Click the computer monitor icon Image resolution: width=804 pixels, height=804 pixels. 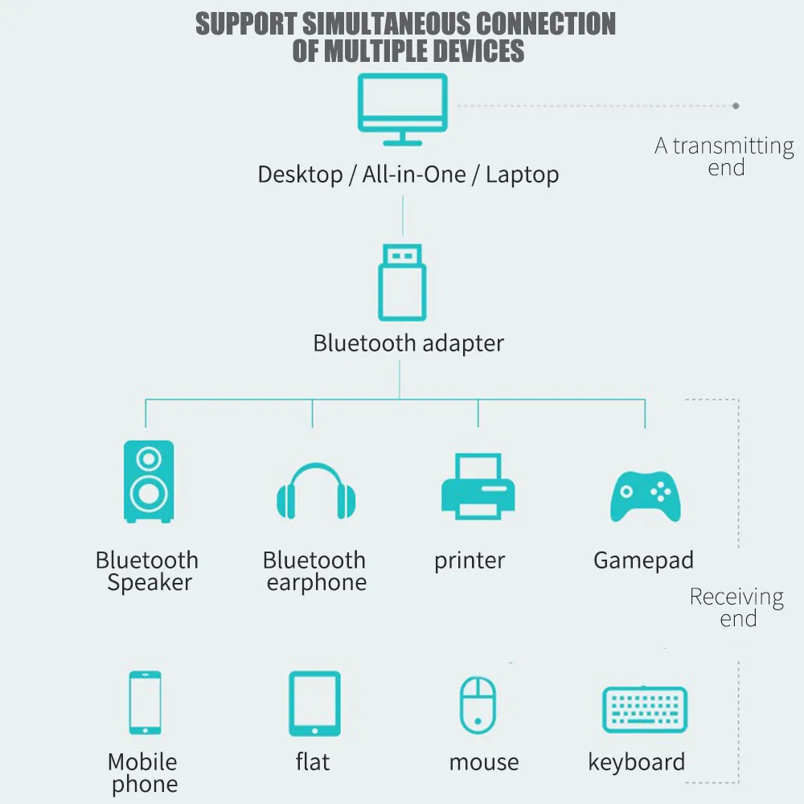pos(402,109)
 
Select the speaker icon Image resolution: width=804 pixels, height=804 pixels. pos(148,481)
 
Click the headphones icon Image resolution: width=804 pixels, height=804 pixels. pos(316,492)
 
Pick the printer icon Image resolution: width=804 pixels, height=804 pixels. pos(478,486)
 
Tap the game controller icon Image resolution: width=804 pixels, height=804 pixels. pos(645,495)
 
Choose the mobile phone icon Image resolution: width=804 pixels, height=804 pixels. pos(145,703)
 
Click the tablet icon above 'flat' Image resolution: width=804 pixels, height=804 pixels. pos(314,703)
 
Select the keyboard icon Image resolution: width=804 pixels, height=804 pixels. pos(645,708)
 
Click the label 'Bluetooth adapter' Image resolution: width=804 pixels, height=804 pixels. pos(408,343)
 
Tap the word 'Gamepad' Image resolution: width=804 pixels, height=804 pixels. pos(643,560)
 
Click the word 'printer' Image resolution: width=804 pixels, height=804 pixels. pos(470,560)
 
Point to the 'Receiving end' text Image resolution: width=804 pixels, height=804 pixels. pos(736,607)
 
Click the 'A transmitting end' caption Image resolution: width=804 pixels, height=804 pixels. pos(724,156)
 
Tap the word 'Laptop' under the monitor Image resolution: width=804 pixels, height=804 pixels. pos(522,174)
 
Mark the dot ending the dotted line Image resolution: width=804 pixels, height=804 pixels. pos(736,105)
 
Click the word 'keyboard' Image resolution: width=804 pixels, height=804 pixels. pos(636,762)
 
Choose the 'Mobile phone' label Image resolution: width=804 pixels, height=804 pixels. pos(143,773)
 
